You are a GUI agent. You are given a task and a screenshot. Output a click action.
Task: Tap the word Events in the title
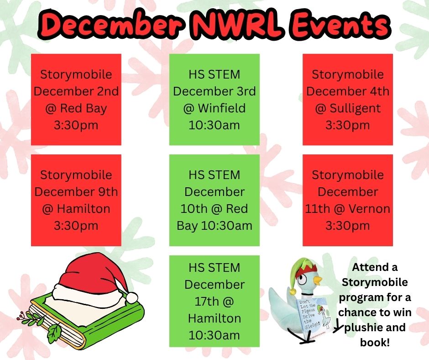(x=339, y=25)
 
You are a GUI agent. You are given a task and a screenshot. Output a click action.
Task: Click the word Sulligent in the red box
(x=355, y=108)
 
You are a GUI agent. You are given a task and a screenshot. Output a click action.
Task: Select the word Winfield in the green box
(x=222, y=108)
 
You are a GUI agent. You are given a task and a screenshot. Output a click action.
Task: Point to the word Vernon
(x=369, y=209)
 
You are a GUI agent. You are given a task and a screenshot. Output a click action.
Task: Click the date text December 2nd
(x=76, y=91)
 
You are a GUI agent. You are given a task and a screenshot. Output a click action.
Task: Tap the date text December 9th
(x=76, y=192)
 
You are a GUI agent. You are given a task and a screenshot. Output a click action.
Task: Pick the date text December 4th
(x=348, y=91)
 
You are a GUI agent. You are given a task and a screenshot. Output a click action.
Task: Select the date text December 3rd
(x=214, y=91)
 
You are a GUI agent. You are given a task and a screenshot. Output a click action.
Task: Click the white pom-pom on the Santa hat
(x=132, y=297)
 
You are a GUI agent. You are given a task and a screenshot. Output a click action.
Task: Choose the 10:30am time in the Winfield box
(x=214, y=125)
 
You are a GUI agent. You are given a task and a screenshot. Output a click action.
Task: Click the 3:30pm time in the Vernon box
(x=348, y=226)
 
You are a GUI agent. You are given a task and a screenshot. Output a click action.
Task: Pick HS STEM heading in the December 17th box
(x=214, y=268)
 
